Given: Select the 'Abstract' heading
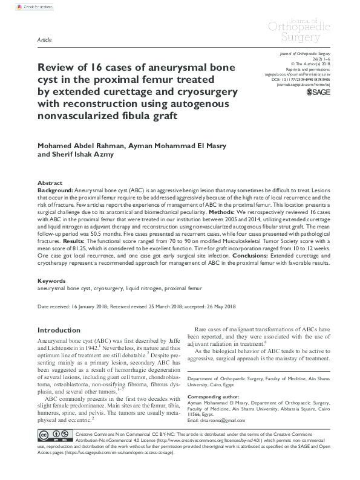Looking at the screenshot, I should tap(50, 183).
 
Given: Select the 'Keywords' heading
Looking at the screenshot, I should tap(51, 281).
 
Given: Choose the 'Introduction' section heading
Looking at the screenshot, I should tap(59, 331).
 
